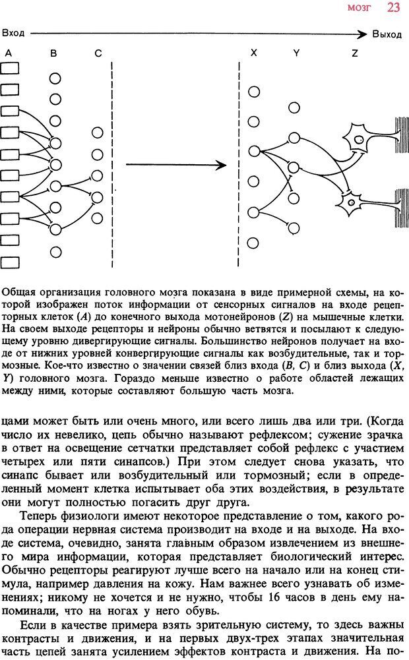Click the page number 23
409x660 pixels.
(x=393, y=7)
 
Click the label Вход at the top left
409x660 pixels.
(x=13, y=32)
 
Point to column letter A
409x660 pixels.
(x=8, y=53)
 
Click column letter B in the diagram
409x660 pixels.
(x=53, y=53)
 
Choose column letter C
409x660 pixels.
(x=98, y=53)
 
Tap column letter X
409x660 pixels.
(x=253, y=53)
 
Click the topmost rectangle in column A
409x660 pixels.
(x=10, y=68)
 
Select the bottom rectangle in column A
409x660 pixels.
(x=10, y=262)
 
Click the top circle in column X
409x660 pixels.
(x=253, y=92)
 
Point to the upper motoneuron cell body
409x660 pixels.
(x=360, y=138)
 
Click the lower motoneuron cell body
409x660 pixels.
(x=350, y=202)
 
